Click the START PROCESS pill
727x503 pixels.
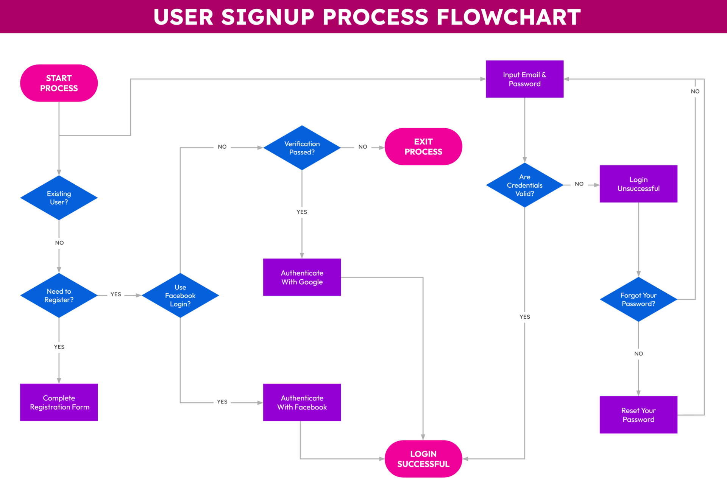click(59, 83)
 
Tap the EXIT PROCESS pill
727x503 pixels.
click(423, 146)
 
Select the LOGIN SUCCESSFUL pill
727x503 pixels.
click(423, 458)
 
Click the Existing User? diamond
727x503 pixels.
click(59, 198)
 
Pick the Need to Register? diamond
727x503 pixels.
click(59, 295)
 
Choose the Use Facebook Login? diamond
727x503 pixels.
click(180, 295)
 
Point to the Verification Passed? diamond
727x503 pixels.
click(302, 148)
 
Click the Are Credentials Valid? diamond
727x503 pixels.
click(524, 185)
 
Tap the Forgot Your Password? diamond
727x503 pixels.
click(638, 299)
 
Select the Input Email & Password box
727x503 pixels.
click(524, 79)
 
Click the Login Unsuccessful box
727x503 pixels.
click(638, 184)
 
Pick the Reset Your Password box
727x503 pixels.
click(638, 415)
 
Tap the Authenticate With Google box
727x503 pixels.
click(302, 277)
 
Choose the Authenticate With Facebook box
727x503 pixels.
click(302, 402)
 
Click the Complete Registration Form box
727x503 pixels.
click(59, 402)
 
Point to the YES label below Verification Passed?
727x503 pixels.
click(302, 212)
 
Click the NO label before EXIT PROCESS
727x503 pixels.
click(362, 147)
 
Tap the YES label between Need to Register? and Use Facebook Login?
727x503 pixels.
click(115, 294)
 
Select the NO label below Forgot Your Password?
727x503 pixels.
click(638, 354)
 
